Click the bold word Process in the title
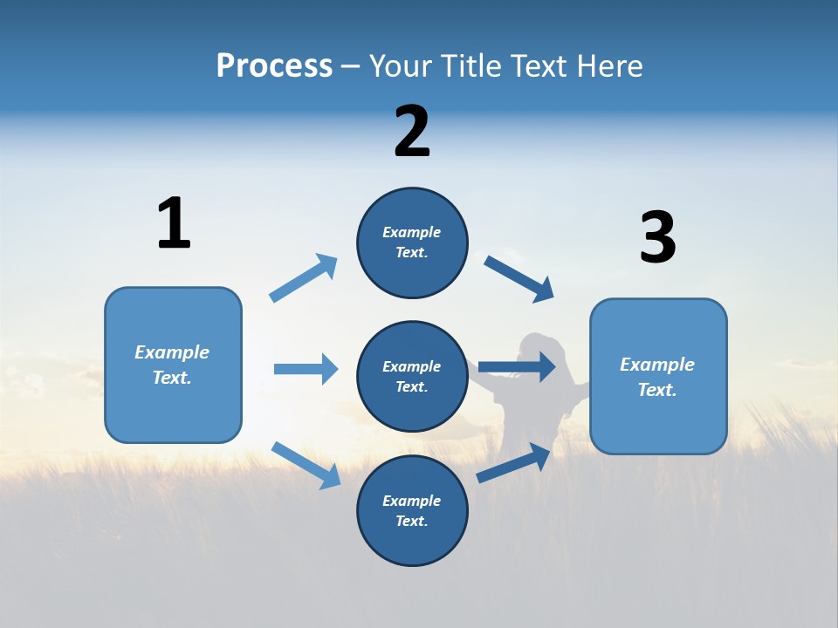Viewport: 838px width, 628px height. [x=274, y=66]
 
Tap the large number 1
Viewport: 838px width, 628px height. [x=174, y=224]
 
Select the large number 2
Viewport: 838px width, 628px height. [x=412, y=132]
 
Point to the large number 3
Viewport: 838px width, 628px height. [x=658, y=237]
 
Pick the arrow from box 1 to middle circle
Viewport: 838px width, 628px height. [x=306, y=369]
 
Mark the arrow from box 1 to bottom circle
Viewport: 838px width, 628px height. [x=306, y=464]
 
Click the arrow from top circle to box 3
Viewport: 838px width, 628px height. [x=519, y=279]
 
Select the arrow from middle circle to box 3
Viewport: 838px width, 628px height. [x=517, y=366]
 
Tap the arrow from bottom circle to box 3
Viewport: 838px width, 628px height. [x=514, y=463]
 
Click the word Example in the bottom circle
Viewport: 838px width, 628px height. [x=411, y=501]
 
